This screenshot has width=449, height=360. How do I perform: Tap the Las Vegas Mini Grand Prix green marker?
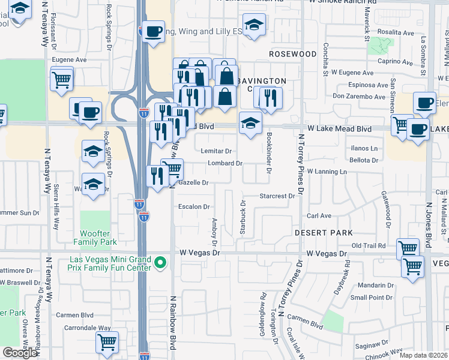point(160,263)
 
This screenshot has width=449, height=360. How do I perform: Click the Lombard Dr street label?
point(224,163)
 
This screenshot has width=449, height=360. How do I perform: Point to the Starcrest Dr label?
point(277,196)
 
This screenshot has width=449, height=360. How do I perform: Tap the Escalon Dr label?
point(194,207)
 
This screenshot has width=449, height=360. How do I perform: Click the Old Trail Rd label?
point(368,245)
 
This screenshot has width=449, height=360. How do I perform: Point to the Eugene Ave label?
point(70,60)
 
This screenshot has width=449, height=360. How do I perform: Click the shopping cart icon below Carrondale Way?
point(107,341)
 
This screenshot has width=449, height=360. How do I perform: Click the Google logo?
point(20,352)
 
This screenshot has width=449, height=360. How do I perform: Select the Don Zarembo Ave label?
point(359,96)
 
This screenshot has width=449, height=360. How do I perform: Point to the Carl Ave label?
point(319,215)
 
